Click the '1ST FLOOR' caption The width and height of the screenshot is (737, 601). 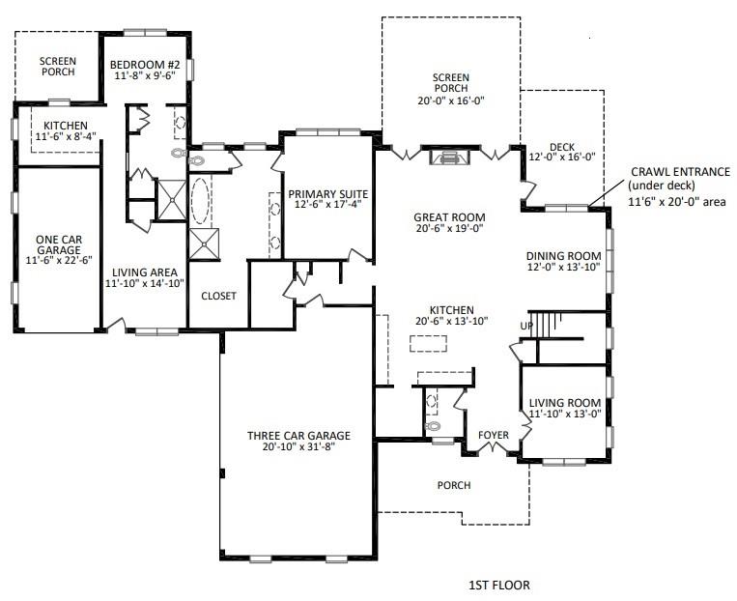pos(498,585)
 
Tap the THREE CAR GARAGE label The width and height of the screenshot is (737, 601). pos(298,435)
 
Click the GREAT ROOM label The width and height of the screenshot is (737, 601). pos(448,217)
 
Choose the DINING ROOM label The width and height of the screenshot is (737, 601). pos(564,256)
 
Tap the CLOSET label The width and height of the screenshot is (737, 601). pos(218,296)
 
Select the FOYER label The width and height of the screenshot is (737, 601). pos(494,436)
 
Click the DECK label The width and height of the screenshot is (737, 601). pos(561,147)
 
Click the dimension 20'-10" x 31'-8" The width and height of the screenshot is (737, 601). pos(298,448)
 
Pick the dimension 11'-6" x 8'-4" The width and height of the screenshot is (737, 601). pos(65,138)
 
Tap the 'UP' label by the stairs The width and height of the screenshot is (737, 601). pos(526,325)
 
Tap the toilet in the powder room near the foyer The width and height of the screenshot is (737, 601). pos(433,424)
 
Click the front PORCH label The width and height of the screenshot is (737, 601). pos(454,485)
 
